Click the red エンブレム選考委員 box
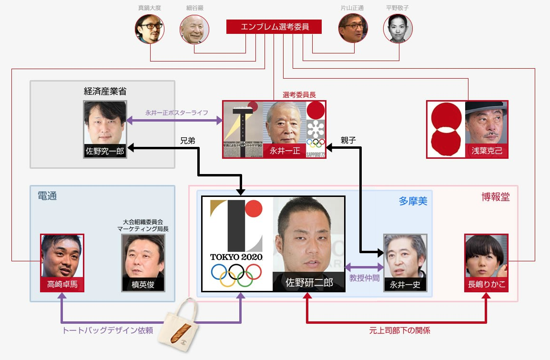pos(274,27)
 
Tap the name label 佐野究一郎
pos(105,152)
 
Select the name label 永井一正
pos(285,151)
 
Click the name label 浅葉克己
pos(486,152)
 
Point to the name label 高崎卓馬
pos(62,285)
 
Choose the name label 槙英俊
pos(143,285)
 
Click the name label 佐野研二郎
pos(309,283)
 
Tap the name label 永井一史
pos(405,285)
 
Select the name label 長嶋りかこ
pos(486,285)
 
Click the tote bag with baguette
pos(178,324)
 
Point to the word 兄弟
pos(187,141)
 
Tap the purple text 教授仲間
pos(364,278)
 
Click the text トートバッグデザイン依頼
pos(108,330)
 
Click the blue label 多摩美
pos(413,201)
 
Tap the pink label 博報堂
pos(496,197)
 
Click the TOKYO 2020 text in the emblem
pos(236,257)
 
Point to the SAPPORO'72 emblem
pos(316,138)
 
